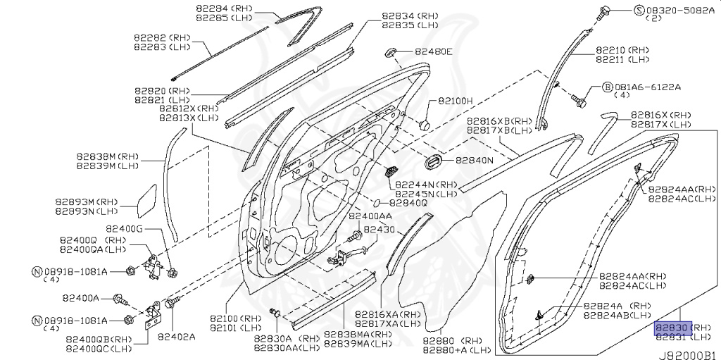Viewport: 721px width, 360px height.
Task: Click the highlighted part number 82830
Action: pos(672,328)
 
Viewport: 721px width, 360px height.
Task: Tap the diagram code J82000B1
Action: pos(689,354)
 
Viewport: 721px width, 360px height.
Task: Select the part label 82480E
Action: pos(433,51)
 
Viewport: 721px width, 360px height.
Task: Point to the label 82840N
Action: pos(474,161)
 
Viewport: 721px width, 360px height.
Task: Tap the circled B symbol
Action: pos(607,88)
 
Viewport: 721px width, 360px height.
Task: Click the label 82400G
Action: pos(125,228)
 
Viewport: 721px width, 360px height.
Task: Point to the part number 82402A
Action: pos(176,336)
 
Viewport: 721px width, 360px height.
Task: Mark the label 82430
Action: pos(381,229)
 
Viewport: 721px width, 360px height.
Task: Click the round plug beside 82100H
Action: pos(424,124)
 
